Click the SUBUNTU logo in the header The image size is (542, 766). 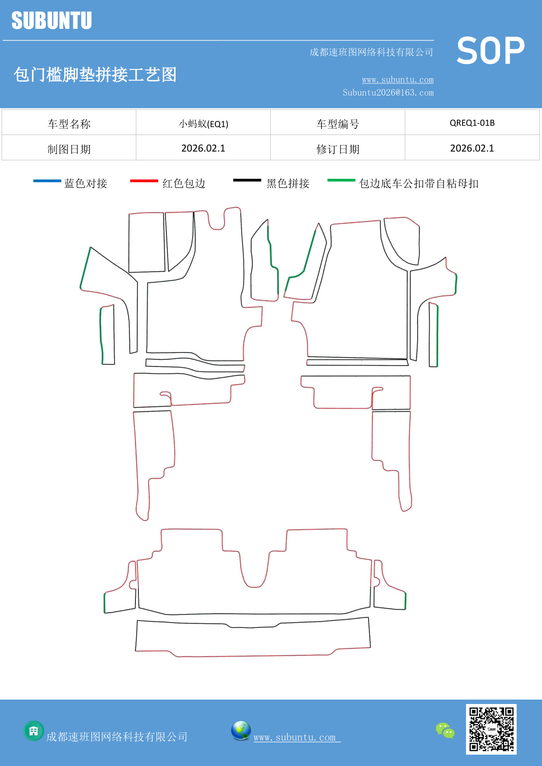coord(52,21)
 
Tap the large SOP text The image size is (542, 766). coord(490,51)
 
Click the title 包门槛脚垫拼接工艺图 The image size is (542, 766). coord(95,75)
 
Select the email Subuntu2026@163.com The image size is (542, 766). coord(388,93)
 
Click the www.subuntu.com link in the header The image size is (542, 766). coord(397,79)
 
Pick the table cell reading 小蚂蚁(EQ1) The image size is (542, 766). coord(204,124)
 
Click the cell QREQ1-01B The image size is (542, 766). coord(472,123)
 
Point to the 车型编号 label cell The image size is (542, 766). coord(338,124)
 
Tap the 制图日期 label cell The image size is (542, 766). coord(69,149)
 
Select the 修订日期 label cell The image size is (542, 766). coord(338,149)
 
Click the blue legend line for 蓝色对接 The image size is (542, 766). coord(47,180)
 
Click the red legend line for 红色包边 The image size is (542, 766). coord(144,180)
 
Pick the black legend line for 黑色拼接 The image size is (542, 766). coord(247,180)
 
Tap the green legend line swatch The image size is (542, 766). coord(341,180)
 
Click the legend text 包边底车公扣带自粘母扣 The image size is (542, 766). coord(418,183)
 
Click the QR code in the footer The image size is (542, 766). coord(491,729)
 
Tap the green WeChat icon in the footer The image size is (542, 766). coord(445,730)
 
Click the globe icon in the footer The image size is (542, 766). coord(241,730)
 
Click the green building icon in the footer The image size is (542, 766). coord(34,731)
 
